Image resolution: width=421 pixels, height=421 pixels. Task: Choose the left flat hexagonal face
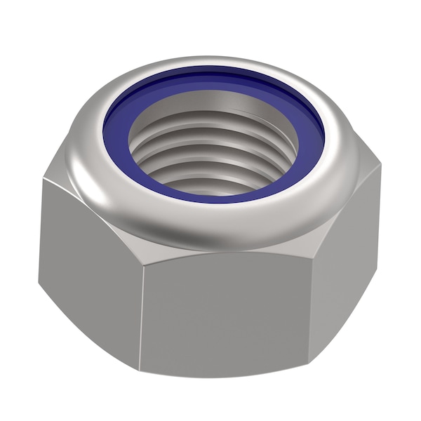click(88, 260)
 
